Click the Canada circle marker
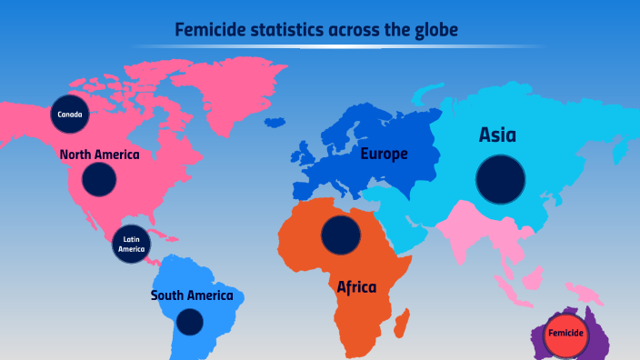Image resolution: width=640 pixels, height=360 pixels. click(x=70, y=115)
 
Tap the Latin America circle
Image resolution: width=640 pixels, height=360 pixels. click(x=131, y=244)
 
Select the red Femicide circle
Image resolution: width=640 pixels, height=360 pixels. click(x=565, y=334)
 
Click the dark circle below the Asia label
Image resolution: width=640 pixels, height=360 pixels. click(x=501, y=178)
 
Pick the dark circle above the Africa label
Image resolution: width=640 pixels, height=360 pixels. click(x=341, y=235)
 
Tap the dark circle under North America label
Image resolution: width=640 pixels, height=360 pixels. click(x=99, y=179)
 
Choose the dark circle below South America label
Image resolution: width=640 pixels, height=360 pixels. click(x=189, y=322)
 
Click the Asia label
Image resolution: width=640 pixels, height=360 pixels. click(x=497, y=135)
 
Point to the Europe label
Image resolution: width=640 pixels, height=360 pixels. click(x=384, y=154)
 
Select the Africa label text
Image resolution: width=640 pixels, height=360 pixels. click(x=356, y=287)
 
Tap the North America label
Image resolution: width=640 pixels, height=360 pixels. click(x=100, y=155)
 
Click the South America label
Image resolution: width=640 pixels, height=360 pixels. click(x=192, y=295)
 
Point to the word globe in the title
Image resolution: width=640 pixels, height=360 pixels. click(x=434, y=31)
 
